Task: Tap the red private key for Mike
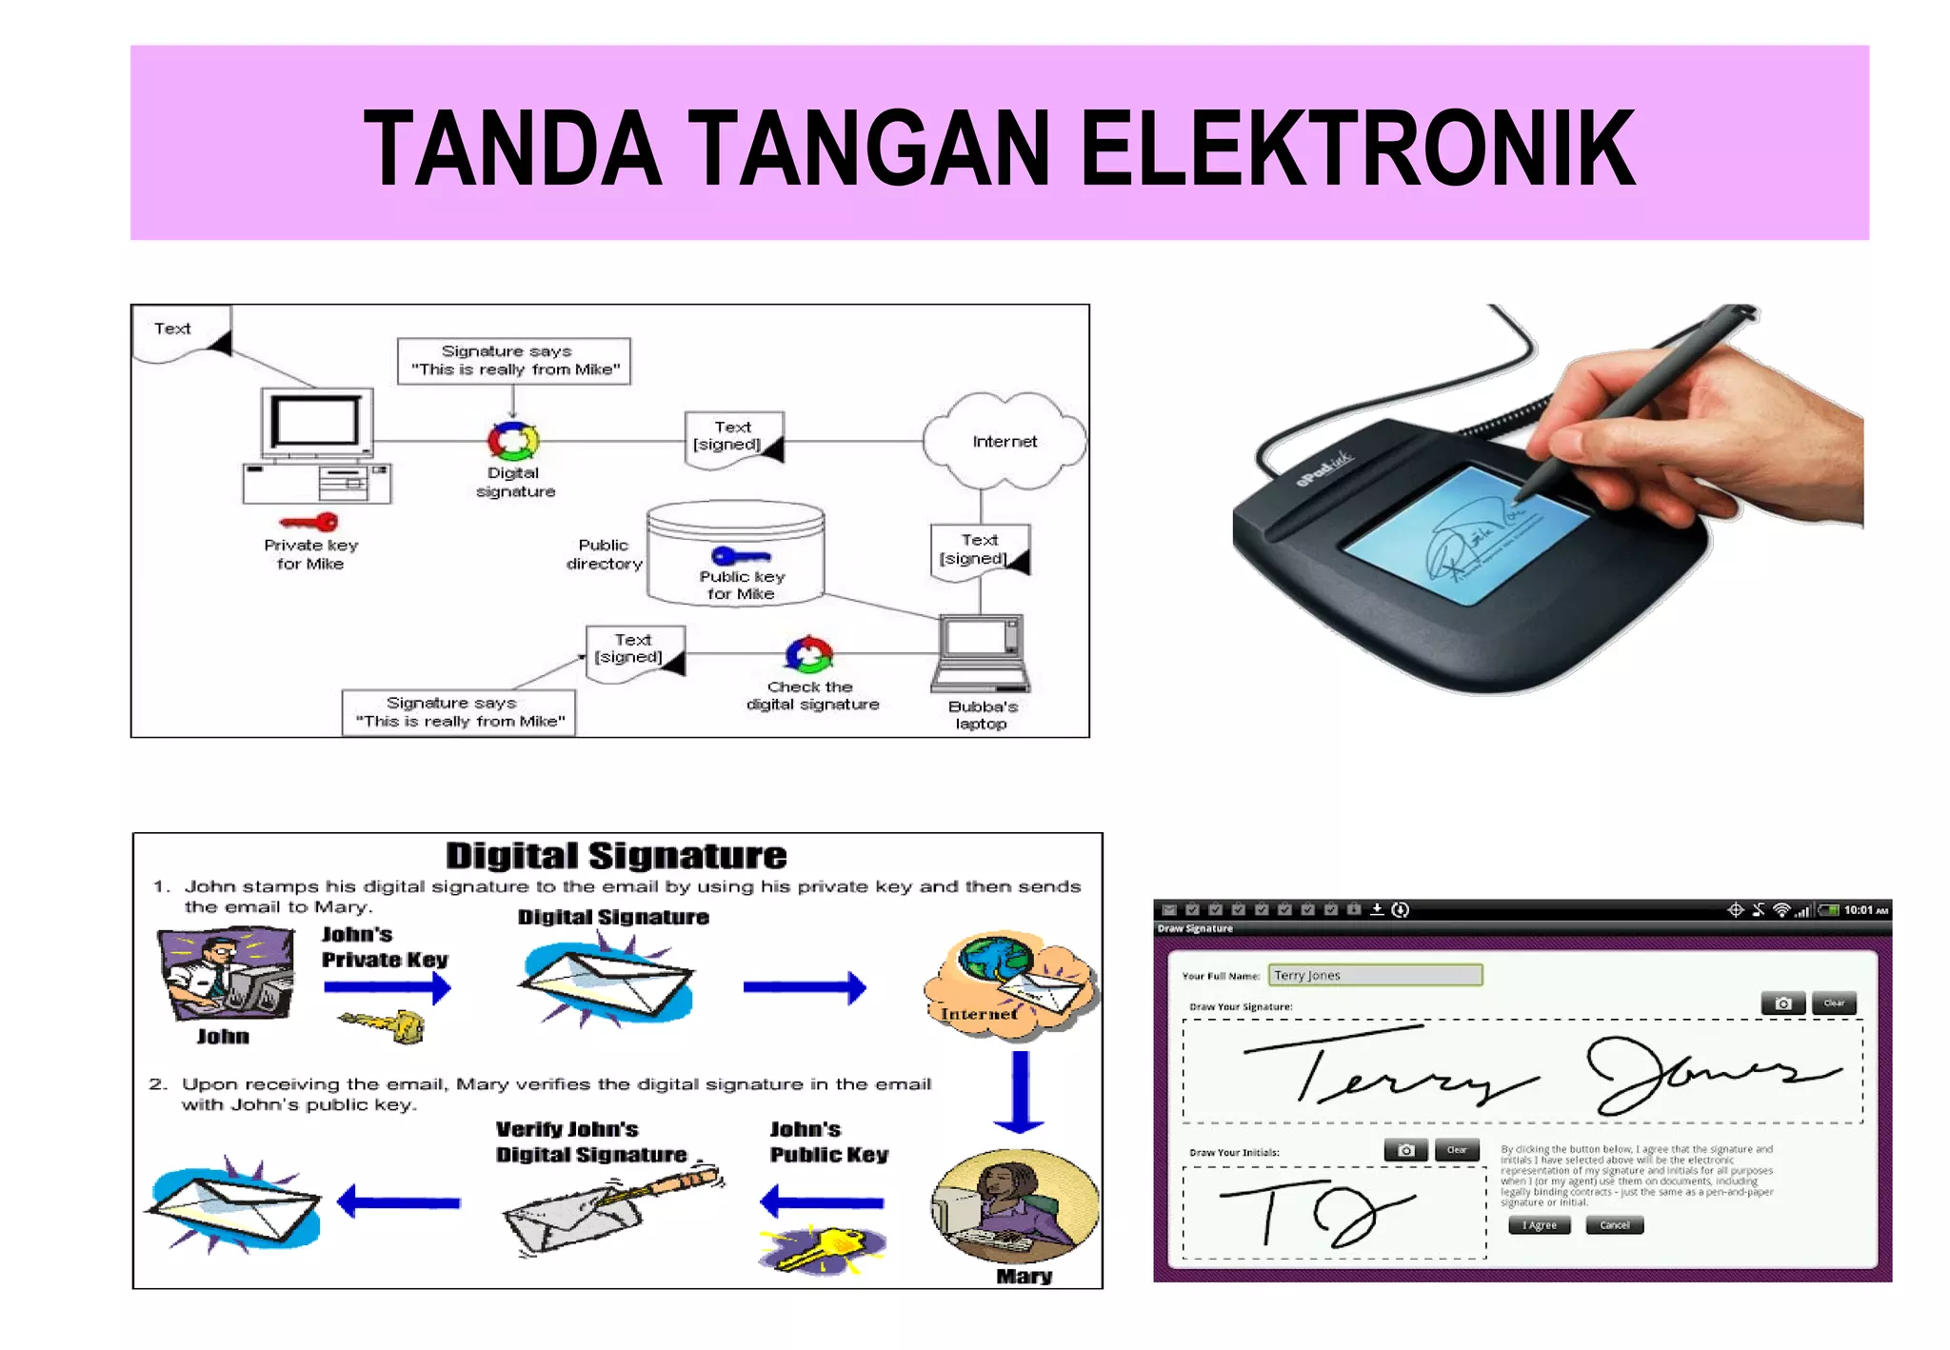tap(310, 522)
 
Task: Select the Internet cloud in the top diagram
tap(1005, 441)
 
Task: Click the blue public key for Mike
tap(741, 555)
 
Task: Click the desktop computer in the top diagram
tap(317, 445)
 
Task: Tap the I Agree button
tap(1539, 1225)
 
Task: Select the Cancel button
tap(1614, 1225)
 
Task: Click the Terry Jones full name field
tap(1375, 975)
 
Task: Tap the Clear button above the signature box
tap(1834, 1003)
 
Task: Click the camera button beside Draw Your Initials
tap(1405, 1150)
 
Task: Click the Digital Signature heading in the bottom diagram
tap(616, 855)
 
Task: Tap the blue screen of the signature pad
tap(1466, 533)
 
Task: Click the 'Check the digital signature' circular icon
tap(808, 654)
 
